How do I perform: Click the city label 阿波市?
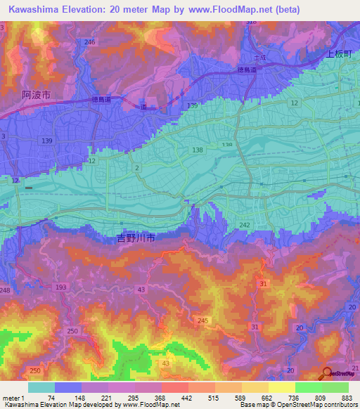tap(36, 94)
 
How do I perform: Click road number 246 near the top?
tap(89, 42)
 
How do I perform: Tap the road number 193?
tap(61, 288)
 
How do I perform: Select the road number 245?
tap(202, 321)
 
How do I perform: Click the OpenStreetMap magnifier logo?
tap(328, 374)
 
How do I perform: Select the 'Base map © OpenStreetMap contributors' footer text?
tap(297, 405)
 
